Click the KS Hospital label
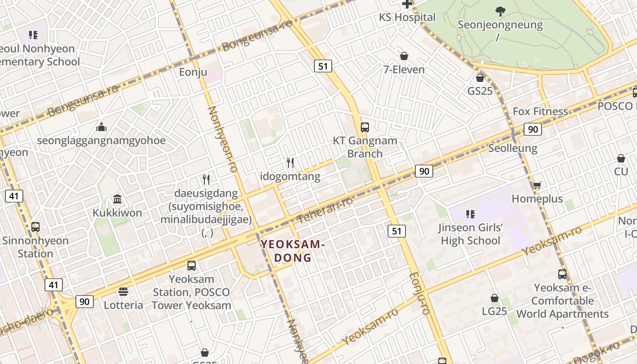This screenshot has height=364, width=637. (x=407, y=17)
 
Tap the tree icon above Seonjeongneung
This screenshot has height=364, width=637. (x=500, y=11)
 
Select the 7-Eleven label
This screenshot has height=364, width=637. (x=404, y=70)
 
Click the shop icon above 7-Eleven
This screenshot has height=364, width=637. (x=404, y=56)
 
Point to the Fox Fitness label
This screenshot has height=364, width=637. (x=540, y=111)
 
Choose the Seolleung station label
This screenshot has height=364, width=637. (x=512, y=148)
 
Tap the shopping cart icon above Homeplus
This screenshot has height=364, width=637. (x=537, y=185)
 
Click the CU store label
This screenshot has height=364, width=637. (x=621, y=172)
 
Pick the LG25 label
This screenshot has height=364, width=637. (x=494, y=311)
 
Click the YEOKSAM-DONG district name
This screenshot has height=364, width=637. (x=293, y=251)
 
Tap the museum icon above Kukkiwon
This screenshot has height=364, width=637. (x=117, y=199)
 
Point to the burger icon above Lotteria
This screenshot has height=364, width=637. (x=123, y=292)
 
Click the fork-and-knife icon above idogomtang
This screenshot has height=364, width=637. (x=290, y=162)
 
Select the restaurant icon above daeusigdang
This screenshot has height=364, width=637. (x=206, y=179)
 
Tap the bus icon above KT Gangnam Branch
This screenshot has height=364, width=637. (x=364, y=127)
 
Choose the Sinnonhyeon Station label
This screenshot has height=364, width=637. (x=35, y=247)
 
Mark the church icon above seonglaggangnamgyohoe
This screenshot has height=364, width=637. (x=101, y=126)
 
